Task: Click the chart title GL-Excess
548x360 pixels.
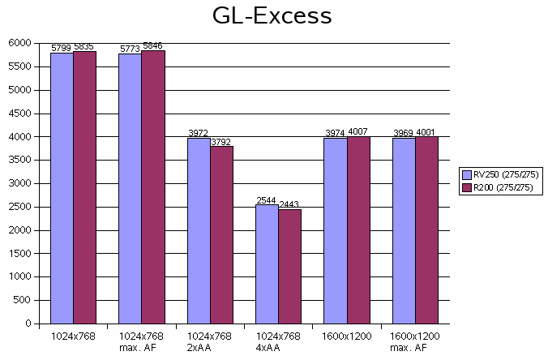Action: tap(273, 16)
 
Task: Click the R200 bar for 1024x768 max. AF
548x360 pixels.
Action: tap(152, 186)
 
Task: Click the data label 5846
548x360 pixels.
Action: tap(152, 45)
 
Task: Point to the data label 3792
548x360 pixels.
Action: tap(220, 142)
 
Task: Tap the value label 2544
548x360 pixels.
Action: tap(267, 200)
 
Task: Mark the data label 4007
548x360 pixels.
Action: tap(357, 131)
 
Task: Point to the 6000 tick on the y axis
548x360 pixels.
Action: tap(20, 43)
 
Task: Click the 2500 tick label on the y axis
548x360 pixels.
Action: tap(20, 207)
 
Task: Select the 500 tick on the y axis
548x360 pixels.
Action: tap(23, 301)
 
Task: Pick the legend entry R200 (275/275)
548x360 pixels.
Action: tap(499, 188)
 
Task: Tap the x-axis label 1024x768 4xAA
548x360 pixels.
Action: tap(278, 341)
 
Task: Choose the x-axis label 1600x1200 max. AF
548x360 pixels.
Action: tap(415, 341)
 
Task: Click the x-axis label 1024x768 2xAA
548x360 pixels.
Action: tap(210, 341)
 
